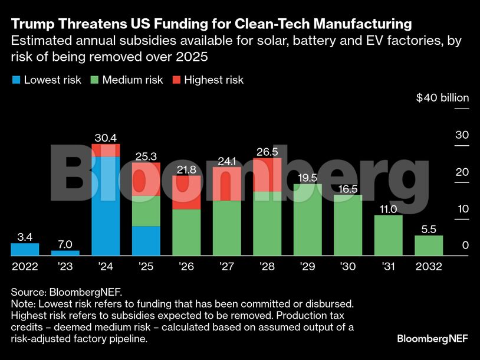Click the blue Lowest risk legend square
point(17,80)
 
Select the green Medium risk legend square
point(95,80)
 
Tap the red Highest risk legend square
point(176,80)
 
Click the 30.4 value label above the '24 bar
point(106,138)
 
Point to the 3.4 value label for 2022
point(25,237)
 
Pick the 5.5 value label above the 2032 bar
point(429,230)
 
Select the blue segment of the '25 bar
point(146,241)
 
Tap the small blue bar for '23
point(65,253)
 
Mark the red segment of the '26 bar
point(186,192)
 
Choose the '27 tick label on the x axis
point(226,267)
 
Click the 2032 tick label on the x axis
point(429,267)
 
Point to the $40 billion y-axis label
point(442,98)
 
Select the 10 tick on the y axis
point(461,209)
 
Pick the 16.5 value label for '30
point(348,189)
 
